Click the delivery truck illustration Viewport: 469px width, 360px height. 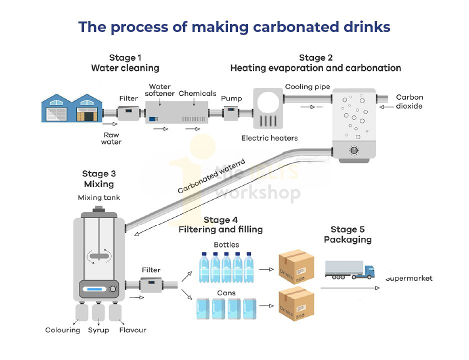point(349,269)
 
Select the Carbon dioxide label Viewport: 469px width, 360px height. point(409,101)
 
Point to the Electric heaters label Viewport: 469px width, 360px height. point(269,138)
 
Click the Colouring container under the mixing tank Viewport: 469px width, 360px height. point(81,312)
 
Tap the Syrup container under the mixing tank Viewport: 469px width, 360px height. point(98,312)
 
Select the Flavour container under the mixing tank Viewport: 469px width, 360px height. point(115,312)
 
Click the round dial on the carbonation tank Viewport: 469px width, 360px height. point(354,150)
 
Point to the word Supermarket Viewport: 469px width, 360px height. point(408,278)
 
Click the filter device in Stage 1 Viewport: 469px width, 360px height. point(128,113)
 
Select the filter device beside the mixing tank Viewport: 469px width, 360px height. point(151,285)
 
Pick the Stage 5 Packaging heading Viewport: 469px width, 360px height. point(347,234)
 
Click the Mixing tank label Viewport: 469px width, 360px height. point(99,197)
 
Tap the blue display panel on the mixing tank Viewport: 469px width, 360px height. point(95,289)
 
